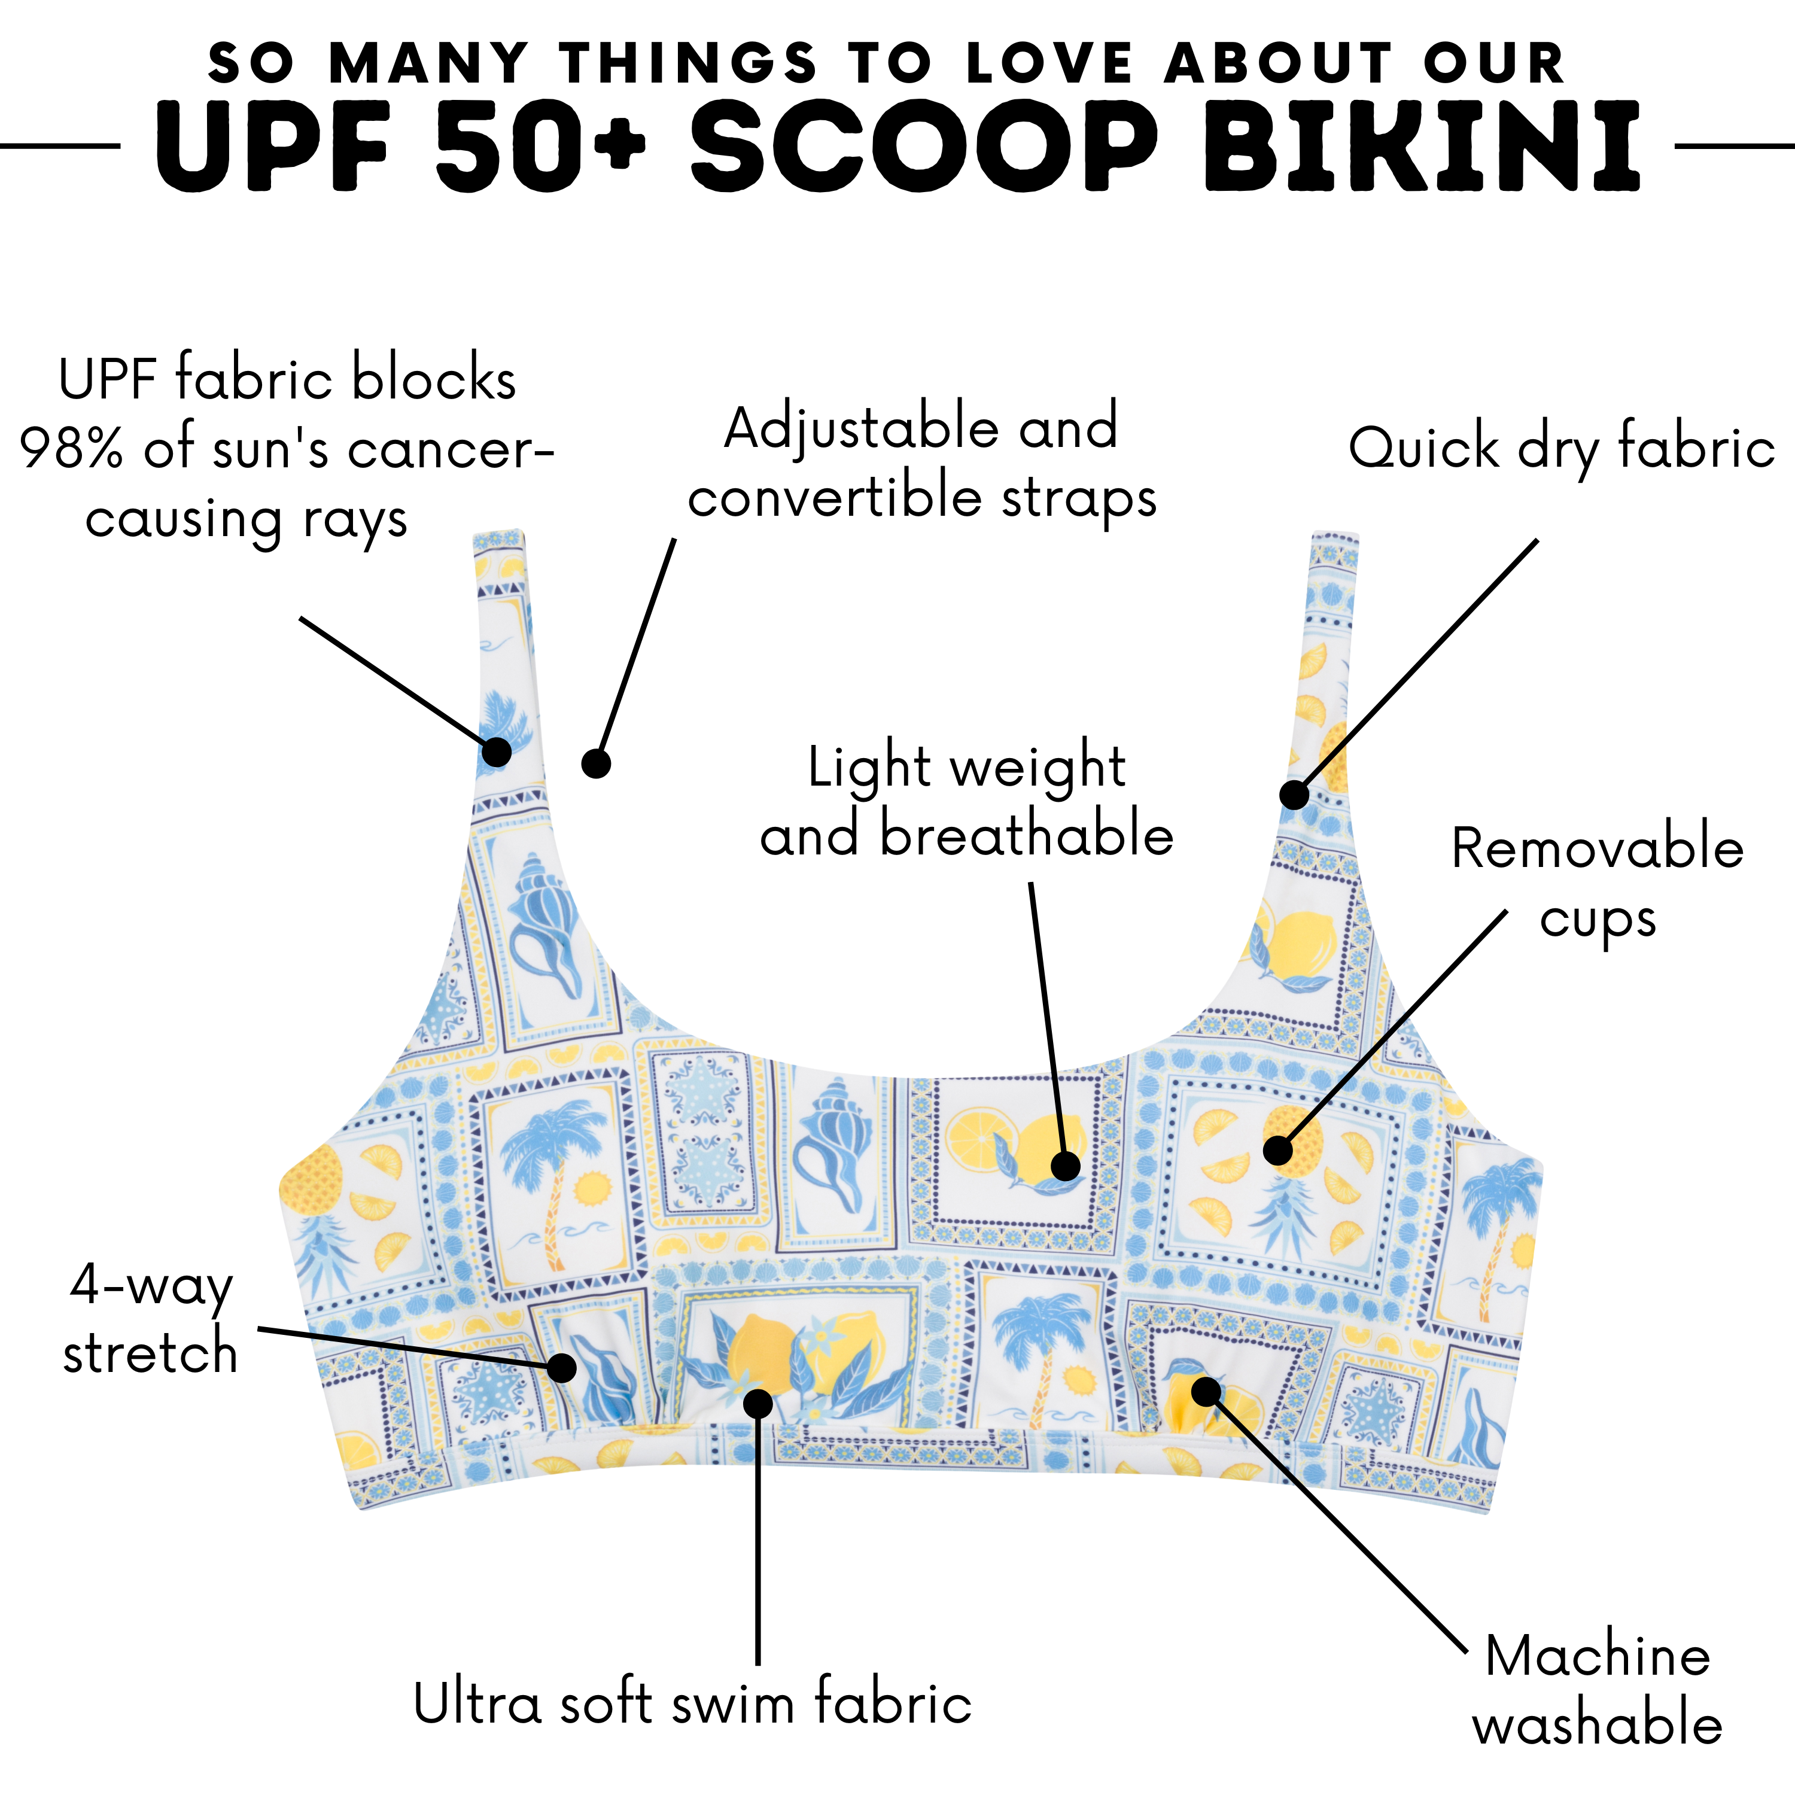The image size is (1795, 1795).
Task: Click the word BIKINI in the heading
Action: tap(1422, 147)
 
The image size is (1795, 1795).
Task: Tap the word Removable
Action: tap(1597, 848)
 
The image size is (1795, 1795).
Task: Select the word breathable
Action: tap(1027, 833)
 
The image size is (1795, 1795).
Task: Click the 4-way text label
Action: tap(151, 1288)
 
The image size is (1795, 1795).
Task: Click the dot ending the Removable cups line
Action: tap(1279, 1150)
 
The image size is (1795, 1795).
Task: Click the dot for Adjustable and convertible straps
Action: tap(595, 763)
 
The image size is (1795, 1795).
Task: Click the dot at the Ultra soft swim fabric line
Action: tap(758, 1403)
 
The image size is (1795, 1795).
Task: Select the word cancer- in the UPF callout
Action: tap(451, 450)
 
